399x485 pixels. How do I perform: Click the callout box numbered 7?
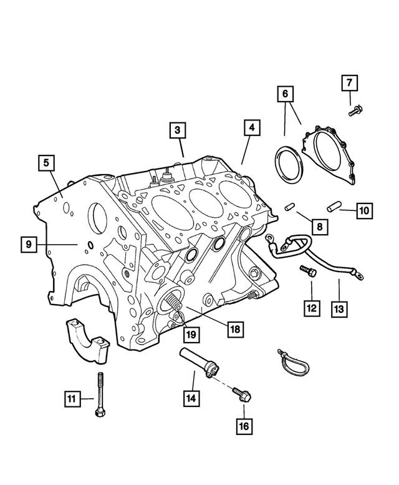point(349,83)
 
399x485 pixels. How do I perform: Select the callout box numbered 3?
point(177,130)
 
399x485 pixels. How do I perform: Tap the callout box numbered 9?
point(29,244)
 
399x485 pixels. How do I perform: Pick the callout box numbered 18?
point(235,329)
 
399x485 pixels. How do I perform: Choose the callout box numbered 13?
point(339,309)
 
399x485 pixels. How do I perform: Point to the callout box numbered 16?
point(244,426)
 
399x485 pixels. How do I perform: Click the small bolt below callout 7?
point(355,110)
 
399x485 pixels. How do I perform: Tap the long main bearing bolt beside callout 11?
point(100,394)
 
